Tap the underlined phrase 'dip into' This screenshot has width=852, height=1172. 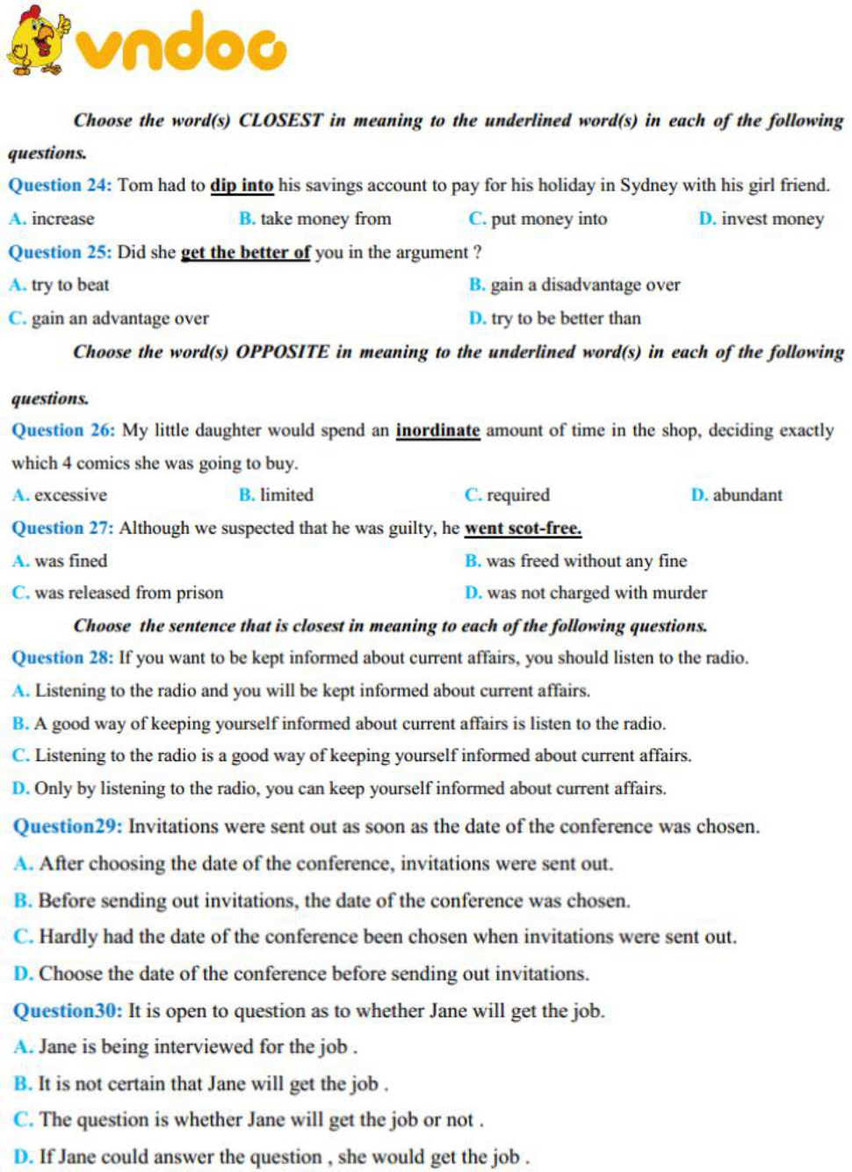[x=242, y=185]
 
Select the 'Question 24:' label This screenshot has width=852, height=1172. [x=60, y=185]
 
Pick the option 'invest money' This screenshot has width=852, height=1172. [x=772, y=219]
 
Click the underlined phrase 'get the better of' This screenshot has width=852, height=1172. [x=245, y=253]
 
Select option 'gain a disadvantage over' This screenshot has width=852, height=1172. [x=584, y=284]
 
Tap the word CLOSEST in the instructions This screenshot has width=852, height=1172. [x=280, y=120]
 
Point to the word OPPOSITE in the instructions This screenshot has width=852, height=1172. [x=282, y=352]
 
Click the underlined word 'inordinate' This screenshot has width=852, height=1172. [x=437, y=430]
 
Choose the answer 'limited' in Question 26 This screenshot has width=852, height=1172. [x=286, y=495]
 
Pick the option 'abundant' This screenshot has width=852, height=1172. [x=747, y=495]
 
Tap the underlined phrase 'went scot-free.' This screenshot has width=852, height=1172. [x=523, y=528]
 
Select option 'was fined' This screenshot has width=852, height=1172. [x=71, y=561]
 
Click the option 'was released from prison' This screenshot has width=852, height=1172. [x=128, y=593]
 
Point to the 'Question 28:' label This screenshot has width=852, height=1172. [x=62, y=658]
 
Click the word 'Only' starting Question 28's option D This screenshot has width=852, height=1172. [x=53, y=788]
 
